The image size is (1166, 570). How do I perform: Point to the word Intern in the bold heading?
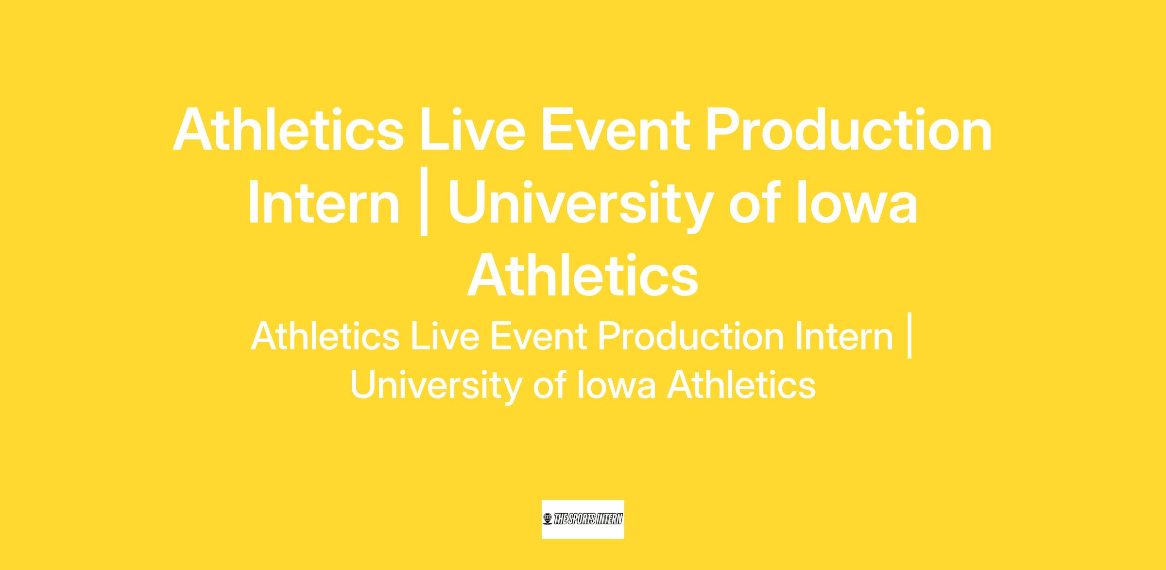tap(324, 203)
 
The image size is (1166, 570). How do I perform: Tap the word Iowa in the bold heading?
tap(857, 203)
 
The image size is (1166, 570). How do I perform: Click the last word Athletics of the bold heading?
tap(583, 276)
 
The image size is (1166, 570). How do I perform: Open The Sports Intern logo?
tap(583, 519)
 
